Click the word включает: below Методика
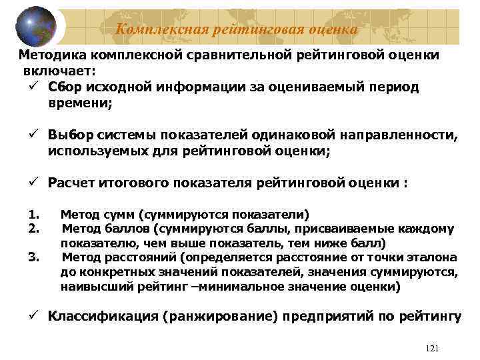coord(59,71)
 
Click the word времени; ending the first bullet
coord(81,104)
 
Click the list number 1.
coord(35,215)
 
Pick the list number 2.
coord(35,229)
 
